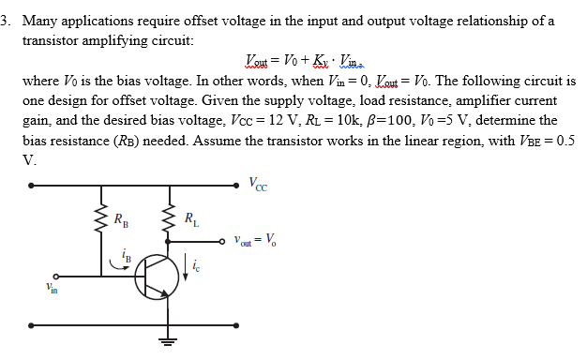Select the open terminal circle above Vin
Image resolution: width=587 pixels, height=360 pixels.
point(55,276)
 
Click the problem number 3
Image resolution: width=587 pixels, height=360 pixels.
point(7,21)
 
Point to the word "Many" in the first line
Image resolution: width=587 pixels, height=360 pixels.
point(39,21)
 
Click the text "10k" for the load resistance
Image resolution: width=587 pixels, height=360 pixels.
point(319,120)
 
